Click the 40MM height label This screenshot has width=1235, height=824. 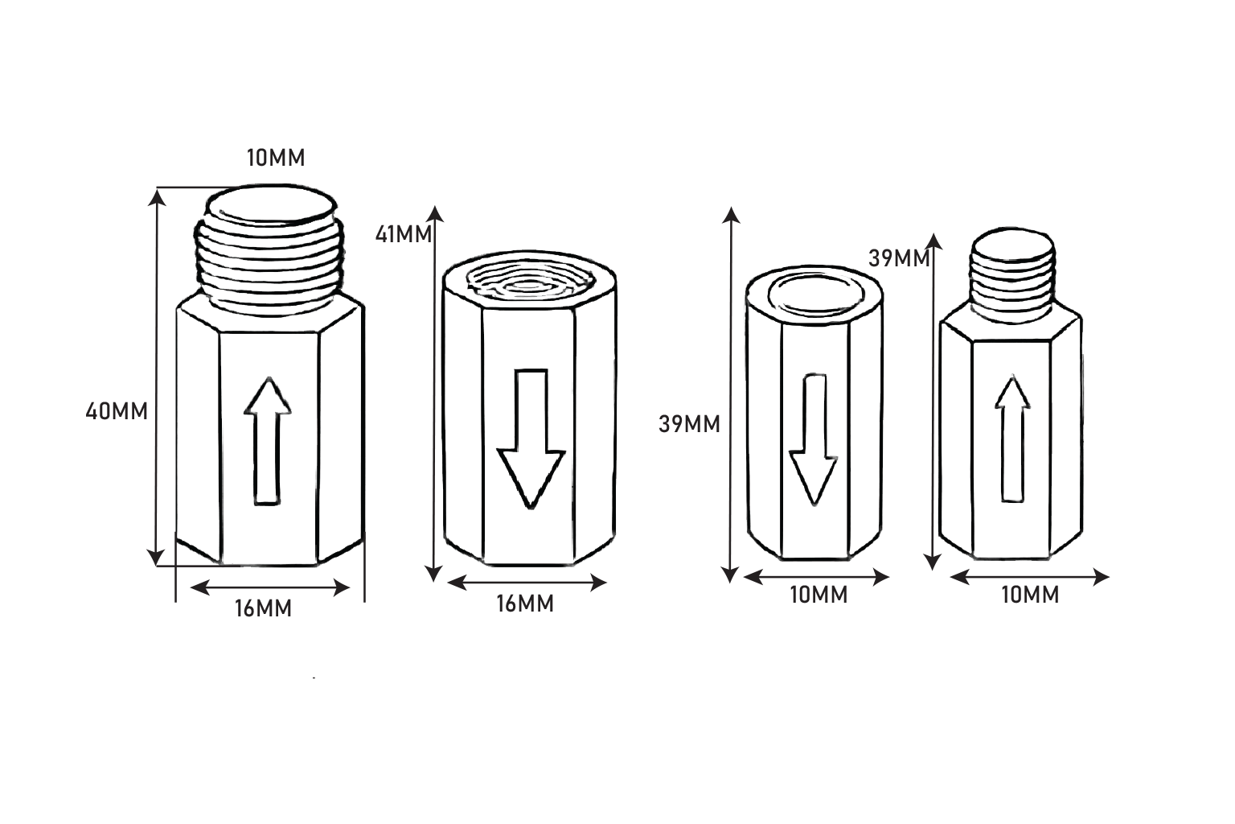pyautogui.click(x=117, y=411)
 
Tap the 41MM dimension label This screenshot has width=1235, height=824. pyautogui.click(x=404, y=234)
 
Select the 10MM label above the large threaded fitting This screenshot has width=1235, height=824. pyautogui.click(x=276, y=158)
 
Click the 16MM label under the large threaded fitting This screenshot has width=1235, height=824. pyautogui.click(x=263, y=608)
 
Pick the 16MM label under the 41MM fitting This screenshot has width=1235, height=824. pyautogui.click(x=525, y=604)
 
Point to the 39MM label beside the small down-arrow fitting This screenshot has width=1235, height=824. pyautogui.click(x=689, y=424)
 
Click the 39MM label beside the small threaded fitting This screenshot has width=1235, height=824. pyautogui.click(x=899, y=258)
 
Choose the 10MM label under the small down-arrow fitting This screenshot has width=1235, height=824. pyautogui.click(x=819, y=595)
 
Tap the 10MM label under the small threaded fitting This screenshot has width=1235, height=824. pyautogui.click(x=1030, y=595)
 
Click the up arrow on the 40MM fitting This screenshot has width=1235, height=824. pyautogui.click(x=268, y=441)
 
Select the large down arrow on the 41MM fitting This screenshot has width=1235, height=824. pyautogui.click(x=531, y=439)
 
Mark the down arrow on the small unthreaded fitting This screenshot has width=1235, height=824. pyautogui.click(x=814, y=440)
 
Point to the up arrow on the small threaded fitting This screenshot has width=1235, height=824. pyautogui.click(x=1012, y=439)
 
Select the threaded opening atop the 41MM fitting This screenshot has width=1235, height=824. pyautogui.click(x=531, y=282)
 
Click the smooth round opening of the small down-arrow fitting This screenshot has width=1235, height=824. pyautogui.click(x=816, y=295)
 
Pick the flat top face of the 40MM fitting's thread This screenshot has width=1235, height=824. pyautogui.click(x=271, y=204)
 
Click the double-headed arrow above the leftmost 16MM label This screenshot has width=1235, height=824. pyautogui.click(x=269, y=588)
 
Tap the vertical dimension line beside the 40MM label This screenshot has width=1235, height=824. pyautogui.click(x=157, y=377)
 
